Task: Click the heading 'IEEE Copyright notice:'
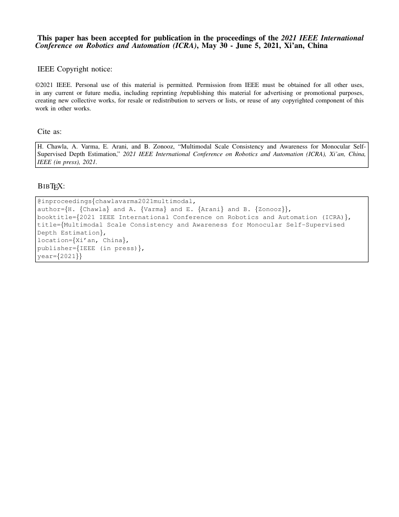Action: pyautogui.click(x=75, y=70)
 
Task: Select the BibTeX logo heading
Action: pyautogui.click(x=51, y=186)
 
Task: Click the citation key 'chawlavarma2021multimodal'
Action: pyautogui.click(x=143, y=202)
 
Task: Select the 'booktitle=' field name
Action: pyautogui.click(x=56, y=217)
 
